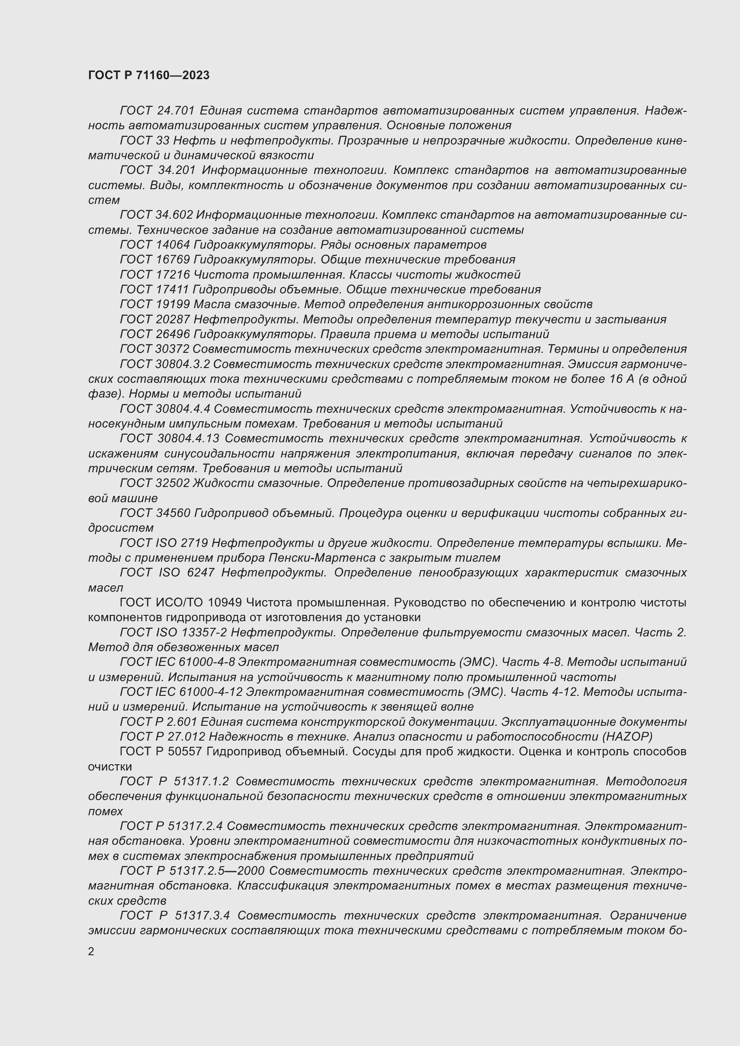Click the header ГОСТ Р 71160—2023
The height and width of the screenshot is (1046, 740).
coord(149,75)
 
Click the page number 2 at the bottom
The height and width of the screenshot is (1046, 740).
coord(91,951)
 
